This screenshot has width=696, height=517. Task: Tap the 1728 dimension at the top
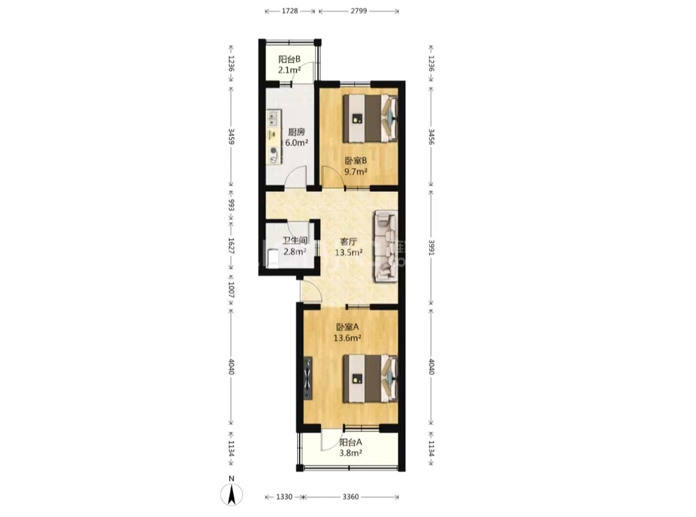pos(290,11)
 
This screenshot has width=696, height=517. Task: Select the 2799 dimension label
pos(359,11)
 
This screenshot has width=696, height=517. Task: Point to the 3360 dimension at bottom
pos(351,496)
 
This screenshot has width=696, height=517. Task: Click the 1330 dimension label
pos(284,496)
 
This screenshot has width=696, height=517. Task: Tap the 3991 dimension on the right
pos(431,247)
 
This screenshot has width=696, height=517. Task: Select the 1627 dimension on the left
pos(231,246)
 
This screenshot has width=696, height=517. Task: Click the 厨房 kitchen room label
pos(296,132)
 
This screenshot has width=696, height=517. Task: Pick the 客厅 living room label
pos(349,241)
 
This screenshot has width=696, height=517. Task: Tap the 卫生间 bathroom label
pos(295,241)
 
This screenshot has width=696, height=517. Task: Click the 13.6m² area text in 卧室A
pos(347,338)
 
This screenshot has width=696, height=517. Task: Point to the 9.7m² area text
pos(356,172)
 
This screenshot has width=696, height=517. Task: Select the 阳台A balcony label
pos(351,442)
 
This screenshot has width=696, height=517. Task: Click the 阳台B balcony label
pos(289,59)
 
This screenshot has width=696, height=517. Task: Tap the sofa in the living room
pos(385,246)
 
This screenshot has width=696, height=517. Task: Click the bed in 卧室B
pos(370,118)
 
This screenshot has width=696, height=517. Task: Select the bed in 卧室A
pos(370,378)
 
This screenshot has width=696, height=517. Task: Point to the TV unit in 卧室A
pos(308,378)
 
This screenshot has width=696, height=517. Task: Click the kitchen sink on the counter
pos(273,119)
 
